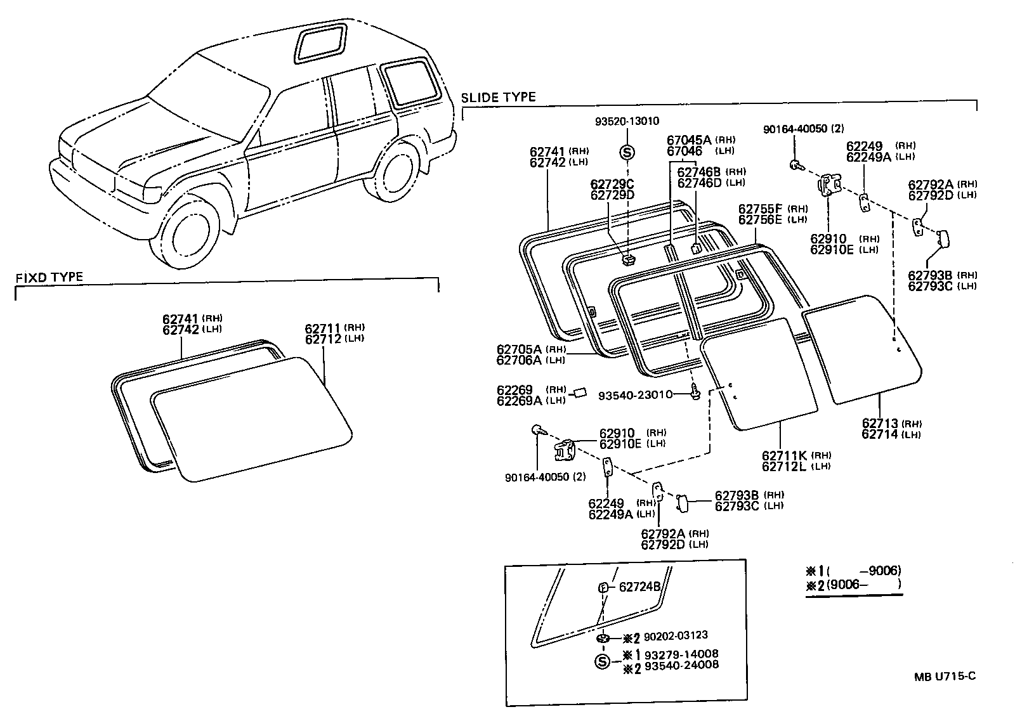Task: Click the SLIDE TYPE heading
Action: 498,97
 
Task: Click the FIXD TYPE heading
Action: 49,277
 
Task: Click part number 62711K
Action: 783,455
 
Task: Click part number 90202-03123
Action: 676,635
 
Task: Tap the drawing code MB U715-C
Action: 945,676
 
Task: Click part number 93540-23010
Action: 634,395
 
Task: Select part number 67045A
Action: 689,141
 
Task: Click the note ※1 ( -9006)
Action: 853,571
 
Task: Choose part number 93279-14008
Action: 681,654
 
